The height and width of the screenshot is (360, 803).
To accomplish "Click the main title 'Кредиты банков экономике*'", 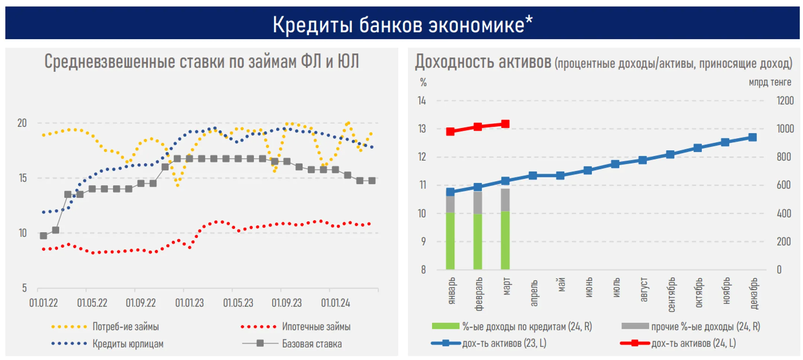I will (402, 25).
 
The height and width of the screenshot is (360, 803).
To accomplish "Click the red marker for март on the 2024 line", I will (505, 124).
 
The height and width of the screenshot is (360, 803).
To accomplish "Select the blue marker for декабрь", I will (752, 137).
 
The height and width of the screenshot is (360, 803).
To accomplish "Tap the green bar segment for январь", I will (450, 241).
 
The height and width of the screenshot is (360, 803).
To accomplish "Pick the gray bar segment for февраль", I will (478, 203).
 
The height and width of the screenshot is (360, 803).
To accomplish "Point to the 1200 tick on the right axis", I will (785, 101).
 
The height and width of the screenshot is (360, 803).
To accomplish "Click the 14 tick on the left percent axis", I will (422, 101).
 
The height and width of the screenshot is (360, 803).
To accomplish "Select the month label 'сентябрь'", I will (671, 295).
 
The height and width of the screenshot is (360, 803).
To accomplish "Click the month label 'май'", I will (561, 285).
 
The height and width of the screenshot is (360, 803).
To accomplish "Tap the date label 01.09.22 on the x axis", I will (141, 303).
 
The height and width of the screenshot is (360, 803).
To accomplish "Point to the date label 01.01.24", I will (335, 303).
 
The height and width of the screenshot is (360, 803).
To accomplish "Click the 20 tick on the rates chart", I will (22, 123).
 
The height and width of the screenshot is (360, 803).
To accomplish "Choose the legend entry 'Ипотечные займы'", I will (316, 327).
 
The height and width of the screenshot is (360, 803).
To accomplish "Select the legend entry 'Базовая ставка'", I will (312, 344).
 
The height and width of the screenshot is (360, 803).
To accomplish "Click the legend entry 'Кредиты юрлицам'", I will (128, 344).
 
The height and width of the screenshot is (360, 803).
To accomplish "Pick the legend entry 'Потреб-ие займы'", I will (125, 327).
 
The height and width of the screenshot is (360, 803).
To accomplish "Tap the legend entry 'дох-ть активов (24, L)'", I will (693, 343).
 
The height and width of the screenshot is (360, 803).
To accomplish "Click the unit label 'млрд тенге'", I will (770, 82).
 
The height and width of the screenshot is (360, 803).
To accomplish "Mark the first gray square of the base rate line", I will (43, 236).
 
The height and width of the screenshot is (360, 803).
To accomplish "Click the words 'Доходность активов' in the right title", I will (483, 62).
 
